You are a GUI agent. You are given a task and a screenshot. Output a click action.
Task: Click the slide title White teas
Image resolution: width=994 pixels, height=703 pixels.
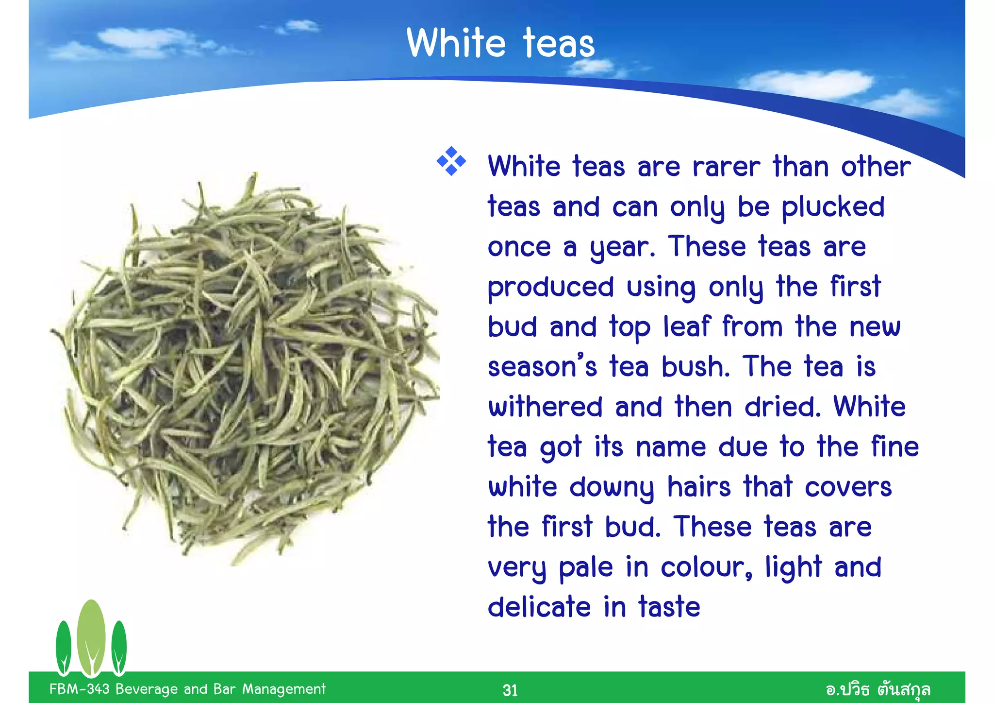500,43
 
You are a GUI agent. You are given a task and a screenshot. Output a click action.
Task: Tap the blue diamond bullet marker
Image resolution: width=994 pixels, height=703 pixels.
451,161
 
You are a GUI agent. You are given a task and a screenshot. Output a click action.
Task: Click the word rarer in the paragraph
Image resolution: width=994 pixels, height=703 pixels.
726,167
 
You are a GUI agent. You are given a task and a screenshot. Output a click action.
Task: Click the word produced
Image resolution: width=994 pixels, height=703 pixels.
550,288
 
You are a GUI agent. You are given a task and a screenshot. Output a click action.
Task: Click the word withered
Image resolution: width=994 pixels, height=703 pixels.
545,407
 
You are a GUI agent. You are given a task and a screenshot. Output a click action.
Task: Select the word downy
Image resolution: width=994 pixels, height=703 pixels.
612,487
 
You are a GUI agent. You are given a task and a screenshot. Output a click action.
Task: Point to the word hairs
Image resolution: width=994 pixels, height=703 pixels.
699,487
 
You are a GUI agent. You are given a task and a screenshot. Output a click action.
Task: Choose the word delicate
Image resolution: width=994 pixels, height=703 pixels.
539,607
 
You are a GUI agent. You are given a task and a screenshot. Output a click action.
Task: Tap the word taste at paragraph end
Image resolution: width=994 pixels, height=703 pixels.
669,607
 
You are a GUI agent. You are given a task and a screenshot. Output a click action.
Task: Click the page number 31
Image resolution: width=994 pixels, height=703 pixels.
510,690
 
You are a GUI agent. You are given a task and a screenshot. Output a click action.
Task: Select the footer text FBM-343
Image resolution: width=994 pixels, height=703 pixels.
79,689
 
